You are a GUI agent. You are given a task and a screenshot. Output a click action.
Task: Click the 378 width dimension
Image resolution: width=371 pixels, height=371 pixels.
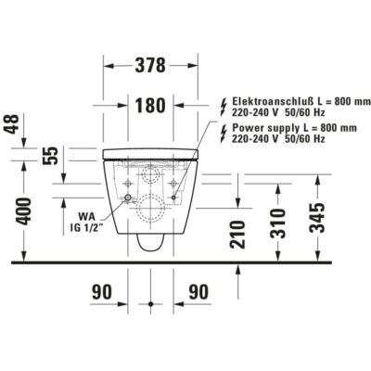tap(150, 65)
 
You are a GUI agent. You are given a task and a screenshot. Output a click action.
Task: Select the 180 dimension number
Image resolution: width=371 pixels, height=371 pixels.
tap(150, 105)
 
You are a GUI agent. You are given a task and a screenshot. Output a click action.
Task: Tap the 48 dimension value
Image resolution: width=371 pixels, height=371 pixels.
tap(13, 124)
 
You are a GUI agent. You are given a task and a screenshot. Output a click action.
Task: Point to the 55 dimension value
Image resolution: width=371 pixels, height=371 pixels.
tap(51, 155)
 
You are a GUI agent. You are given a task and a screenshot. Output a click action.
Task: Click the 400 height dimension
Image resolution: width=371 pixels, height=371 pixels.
tap(24, 211)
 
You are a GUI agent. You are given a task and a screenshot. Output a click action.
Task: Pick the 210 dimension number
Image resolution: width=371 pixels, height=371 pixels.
tap(237, 235)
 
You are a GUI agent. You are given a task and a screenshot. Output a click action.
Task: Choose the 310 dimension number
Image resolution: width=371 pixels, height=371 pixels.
tap(277, 224)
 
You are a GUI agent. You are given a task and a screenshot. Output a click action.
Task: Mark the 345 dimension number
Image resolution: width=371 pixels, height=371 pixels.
tap(317, 218)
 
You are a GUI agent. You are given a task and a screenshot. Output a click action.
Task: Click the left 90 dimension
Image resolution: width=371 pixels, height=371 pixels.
tap(102, 292)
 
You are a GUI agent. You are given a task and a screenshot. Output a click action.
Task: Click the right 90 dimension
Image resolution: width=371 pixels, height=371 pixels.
tap(198, 292)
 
